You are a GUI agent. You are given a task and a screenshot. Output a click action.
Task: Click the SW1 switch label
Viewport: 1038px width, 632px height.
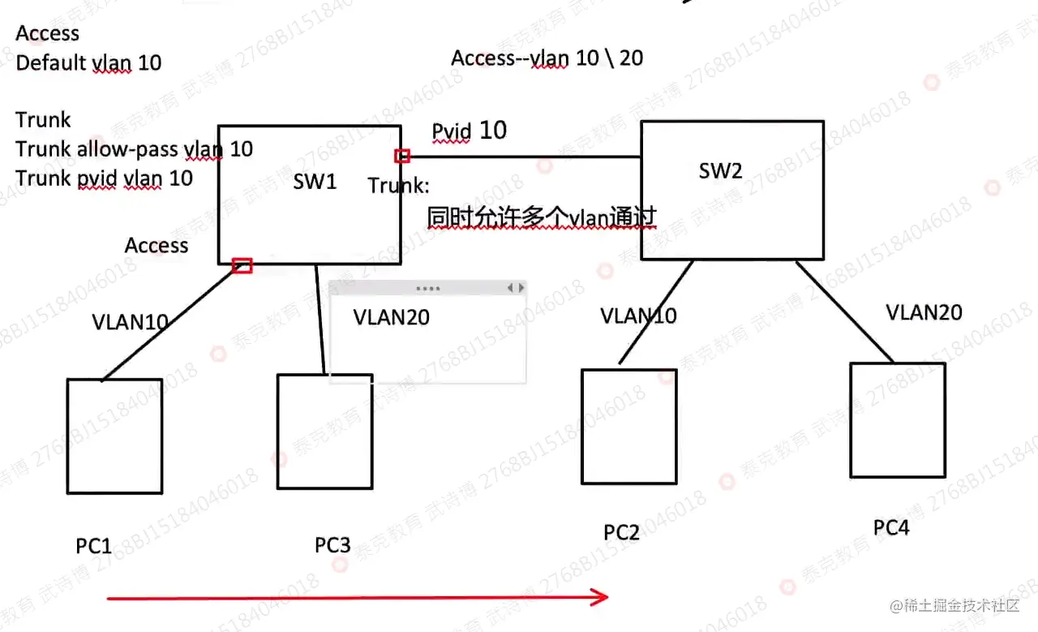pyautogui.click(x=315, y=181)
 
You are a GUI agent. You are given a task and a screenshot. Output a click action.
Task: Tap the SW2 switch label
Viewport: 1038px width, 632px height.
pyautogui.click(x=721, y=170)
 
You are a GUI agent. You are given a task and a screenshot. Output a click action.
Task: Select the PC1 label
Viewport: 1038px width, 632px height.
pyautogui.click(x=94, y=545)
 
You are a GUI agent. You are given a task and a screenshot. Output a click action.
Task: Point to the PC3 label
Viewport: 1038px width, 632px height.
pyautogui.click(x=332, y=544)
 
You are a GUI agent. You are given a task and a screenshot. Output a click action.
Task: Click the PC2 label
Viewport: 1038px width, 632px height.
pyautogui.click(x=622, y=532)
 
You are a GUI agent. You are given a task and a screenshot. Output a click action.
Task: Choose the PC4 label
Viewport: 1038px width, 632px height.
pyautogui.click(x=891, y=527)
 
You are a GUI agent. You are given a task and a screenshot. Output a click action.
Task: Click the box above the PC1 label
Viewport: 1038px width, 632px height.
pyautogui.click(x=114, y=436)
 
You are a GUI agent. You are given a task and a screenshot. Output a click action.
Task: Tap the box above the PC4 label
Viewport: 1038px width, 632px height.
pyautogui.click(x=898, y=419)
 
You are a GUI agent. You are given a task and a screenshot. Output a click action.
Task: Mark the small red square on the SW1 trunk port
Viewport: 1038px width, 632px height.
pyautogui.click(x=402, y=156)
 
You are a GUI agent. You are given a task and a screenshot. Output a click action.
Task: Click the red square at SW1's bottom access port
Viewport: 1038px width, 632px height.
pyautogui.click(x=242, y=265)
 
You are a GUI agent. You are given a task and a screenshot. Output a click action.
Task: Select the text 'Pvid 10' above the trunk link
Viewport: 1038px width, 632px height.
pyautogui.click(x=469, y=131)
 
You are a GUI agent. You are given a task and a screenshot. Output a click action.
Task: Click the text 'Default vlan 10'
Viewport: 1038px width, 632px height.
pyautogui.click(x=88, y=62)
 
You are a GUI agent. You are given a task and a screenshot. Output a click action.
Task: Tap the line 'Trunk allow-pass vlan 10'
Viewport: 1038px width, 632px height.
pyautogui.click(x=134, y=148)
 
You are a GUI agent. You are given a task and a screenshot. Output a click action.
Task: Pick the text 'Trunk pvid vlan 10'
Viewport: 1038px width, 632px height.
pyautogui.click(x=104, y=178)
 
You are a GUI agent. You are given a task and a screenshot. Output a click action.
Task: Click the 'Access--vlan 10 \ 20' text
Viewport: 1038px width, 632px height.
pyautogui.click(x=547, y=58)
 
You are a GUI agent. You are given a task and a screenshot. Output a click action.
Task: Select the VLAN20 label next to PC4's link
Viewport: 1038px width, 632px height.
pyautogui.click(x=924, y=312)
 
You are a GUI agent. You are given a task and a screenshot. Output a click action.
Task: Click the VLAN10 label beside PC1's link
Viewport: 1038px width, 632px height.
pyautogui.click(x=130, y=322)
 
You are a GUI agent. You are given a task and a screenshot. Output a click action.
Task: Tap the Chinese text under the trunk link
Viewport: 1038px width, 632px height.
pyautogui.click(x=541, y=217)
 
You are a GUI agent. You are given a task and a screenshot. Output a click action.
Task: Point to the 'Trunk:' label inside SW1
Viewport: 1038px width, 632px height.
pyautogui.click(x=398, y=185)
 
